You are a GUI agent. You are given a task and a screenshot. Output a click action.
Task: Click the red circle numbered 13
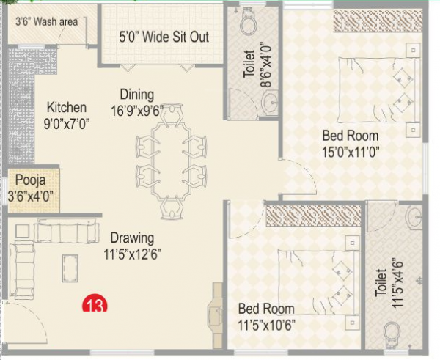(93, 304)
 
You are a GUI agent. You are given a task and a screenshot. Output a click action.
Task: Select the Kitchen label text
(66, 107)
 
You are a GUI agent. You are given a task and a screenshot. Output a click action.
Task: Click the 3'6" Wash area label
(46, 22)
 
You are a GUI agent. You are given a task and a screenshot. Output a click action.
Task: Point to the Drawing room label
(132, 238)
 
